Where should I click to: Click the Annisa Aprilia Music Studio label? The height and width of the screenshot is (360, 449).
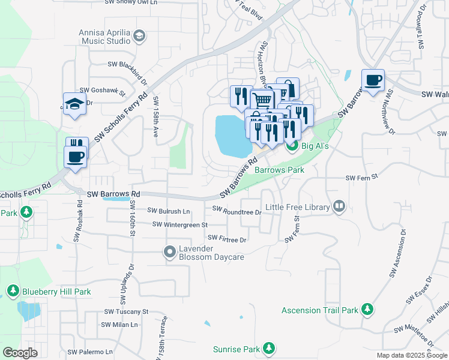[104, 37]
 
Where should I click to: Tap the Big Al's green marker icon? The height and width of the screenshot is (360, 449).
[292, 145]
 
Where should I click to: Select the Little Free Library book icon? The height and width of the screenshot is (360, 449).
[339, 207]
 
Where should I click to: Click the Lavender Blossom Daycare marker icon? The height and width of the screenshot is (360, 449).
[170, 253]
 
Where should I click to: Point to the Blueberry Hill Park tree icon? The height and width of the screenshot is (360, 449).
[13, 292]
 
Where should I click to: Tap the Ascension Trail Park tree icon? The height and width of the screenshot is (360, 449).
[367, 310]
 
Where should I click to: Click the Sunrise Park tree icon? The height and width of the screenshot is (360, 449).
[270, 349]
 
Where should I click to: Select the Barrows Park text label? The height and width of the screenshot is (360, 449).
[279, 170]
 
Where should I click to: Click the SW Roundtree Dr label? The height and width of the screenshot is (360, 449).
[237, 211]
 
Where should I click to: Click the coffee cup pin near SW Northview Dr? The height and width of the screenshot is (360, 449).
[373, 81]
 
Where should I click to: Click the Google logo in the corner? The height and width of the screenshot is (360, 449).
[20, 353]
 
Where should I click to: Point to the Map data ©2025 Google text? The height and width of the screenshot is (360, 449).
[411, 355]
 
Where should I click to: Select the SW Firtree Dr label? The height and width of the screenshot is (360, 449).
[228, 239]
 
